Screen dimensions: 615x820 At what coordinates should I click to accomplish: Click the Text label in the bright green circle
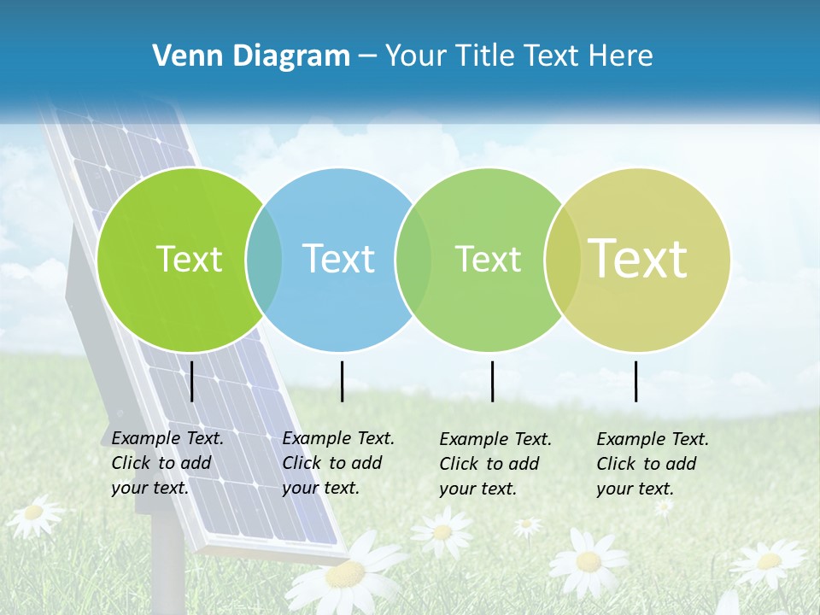click(x=189, y=259)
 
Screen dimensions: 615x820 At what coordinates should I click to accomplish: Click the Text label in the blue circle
click(x=338, y=259)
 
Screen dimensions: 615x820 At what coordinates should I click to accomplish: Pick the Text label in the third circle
click(x=488, y=259)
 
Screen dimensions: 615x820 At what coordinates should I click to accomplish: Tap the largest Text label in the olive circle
click(x=637, y=258)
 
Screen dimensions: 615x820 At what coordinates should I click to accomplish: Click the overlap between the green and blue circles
click(x=264, y=259)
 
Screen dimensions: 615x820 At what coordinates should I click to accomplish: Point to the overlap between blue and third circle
click(x=413, y=259)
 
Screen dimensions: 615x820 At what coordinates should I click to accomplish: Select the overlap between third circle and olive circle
click(x=562, y=259)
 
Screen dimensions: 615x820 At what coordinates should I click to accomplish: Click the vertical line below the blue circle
click(x=342, y=381)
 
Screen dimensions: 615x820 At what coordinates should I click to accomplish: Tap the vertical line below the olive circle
click(x=635, y=381)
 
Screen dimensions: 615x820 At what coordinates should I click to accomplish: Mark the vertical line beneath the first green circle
click(x=192, y=381)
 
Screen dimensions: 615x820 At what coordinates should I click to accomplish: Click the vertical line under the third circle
click(x=492, y=381)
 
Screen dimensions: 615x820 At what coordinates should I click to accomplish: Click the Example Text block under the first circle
click(x=166, y=463)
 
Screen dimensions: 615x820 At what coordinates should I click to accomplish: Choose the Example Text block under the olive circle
click(x=651, y=464)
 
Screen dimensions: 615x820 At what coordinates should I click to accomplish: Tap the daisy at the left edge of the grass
click(x=34, y=512)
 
